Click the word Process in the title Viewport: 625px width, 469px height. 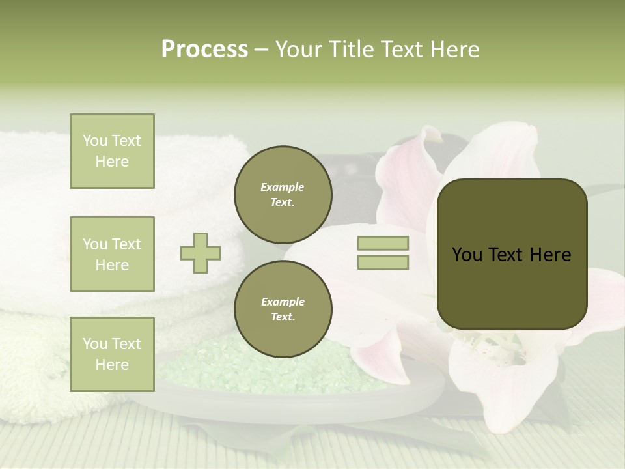point(204,50)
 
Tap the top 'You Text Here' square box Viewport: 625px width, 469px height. point(112,151)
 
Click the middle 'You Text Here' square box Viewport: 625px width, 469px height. point(112,254)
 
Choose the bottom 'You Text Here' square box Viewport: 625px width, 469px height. point(112,354)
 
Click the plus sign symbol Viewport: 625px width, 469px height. point(201,253)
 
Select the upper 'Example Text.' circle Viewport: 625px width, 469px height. point(283,195)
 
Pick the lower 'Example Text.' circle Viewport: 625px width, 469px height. point(283,309)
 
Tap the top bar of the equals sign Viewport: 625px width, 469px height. point(383,243)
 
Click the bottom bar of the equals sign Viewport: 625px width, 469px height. point(383,263)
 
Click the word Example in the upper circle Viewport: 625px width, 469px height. point(283,187)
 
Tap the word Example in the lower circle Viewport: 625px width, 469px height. point(283,302)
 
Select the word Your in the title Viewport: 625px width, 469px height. point(296,50)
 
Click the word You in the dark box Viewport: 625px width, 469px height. point(467,255)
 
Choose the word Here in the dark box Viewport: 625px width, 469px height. point(550,255)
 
